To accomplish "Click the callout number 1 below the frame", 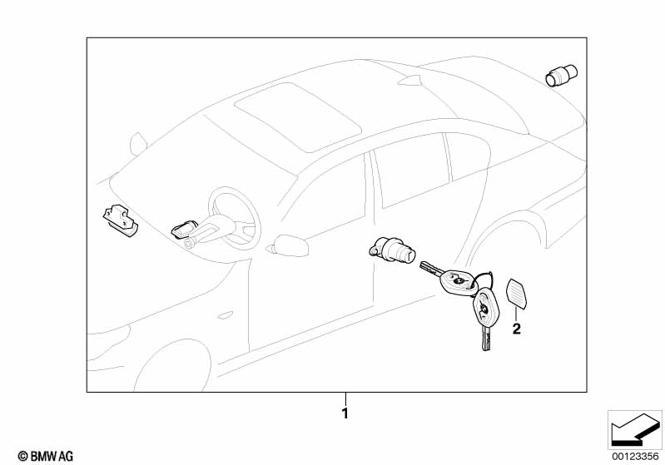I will [x=345, y=412].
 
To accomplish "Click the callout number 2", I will [x=516, y=329].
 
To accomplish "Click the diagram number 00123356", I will [x=634, y=454].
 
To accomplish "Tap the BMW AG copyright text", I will [x=40, y=455].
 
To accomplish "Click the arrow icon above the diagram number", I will [x=634, y=429].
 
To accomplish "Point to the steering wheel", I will [x=233, y=216].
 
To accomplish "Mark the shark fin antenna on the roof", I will [x=410, y=81].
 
